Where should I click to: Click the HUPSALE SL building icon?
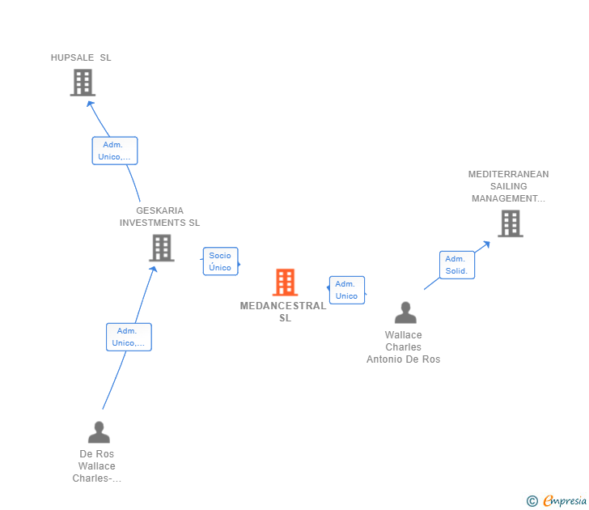(83, 83)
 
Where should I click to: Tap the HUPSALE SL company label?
(81, 57)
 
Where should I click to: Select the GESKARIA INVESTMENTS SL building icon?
(162, 248)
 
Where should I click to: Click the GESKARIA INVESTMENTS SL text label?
(159, 217)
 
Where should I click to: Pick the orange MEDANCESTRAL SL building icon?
(285, 283)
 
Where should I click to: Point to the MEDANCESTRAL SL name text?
(283, 312)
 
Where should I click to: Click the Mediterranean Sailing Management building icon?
(510, 223)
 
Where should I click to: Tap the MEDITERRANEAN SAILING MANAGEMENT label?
(508, 186)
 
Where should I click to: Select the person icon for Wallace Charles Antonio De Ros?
(405, 313)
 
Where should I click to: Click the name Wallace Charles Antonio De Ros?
(403, 347)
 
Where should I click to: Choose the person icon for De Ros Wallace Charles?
(99, 432)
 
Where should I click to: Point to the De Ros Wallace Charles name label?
(96, 466)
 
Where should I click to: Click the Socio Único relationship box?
(220, 261)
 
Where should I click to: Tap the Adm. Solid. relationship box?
(456, 265)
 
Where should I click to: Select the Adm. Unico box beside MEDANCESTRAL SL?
(346, 290)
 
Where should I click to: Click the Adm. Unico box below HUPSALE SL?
(115, 151)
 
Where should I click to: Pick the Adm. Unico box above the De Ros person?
(129, 337)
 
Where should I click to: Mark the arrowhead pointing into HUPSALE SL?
(91, 104)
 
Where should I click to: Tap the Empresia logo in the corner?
(557, 501)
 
